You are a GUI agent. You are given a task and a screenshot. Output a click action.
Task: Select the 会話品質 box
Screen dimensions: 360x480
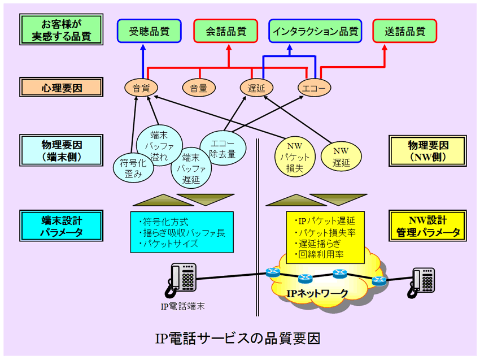pos(226,31)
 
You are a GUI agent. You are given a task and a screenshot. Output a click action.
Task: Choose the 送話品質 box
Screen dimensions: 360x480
pos(405,31)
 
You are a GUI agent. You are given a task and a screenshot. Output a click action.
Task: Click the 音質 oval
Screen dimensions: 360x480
pos(141,88)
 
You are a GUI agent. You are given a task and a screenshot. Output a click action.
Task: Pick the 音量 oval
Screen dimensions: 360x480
pos(199,88)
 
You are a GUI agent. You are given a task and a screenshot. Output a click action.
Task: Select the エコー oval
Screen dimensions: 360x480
pos(314,88)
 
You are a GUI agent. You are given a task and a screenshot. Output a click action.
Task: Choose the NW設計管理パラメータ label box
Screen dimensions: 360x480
pos(427,225)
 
